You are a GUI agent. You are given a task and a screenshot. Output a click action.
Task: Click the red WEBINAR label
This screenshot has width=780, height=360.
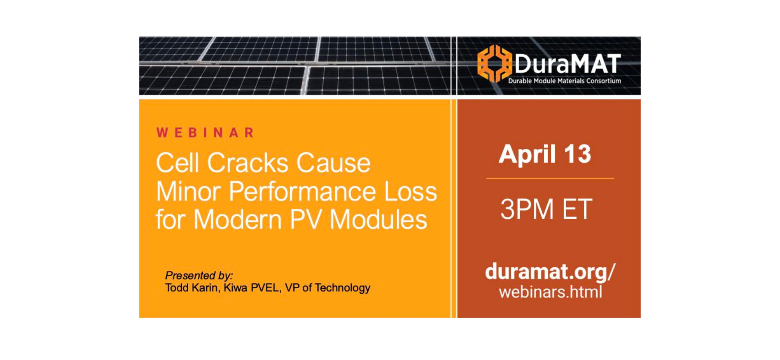(x=205, y=133)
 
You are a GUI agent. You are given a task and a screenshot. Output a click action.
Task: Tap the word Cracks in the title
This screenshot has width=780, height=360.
(x=248, y=163)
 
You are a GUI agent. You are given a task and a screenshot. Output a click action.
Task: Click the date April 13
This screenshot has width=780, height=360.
(x=545, y=155)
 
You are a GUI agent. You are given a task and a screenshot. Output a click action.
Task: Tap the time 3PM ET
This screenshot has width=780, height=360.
(x=546, y=209)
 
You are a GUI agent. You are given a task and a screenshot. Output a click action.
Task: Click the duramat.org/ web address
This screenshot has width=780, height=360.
(x=550, y=271)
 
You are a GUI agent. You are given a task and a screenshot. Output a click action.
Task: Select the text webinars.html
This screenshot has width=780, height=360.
(x=550, y=292)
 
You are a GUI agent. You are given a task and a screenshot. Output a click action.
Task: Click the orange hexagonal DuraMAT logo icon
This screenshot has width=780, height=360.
(x=494, y=63)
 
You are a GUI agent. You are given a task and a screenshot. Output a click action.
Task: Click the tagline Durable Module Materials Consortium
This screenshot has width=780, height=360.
(x=564, y=81)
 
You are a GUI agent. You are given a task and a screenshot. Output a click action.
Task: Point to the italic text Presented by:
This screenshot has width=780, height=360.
(x=199, y=275)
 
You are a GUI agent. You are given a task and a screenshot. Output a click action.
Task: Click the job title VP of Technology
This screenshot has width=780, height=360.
(x=328, y=288)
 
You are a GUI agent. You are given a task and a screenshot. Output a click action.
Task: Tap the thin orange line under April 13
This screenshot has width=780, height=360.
(x=550, y=179)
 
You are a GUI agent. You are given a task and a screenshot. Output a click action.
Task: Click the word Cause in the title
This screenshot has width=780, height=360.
(x=333, y=163)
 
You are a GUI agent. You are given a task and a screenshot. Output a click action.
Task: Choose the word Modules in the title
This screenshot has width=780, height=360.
(x=378, y=220)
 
